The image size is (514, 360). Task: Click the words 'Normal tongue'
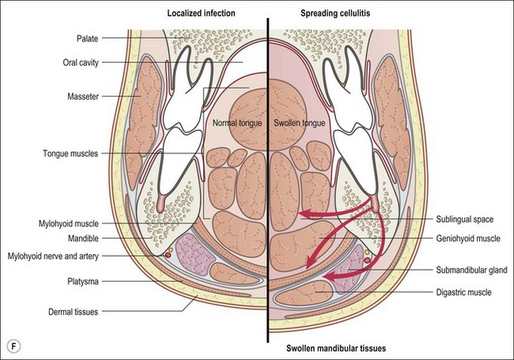tap(236, 124)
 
